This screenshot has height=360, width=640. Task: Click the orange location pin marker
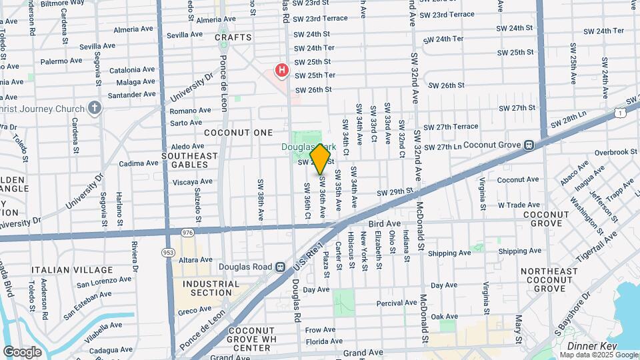[x=321, y=159]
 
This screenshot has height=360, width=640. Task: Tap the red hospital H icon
[x=283, y=69]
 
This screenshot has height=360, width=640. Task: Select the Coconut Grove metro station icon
[x=528, y=144]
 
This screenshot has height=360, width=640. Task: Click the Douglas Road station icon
[x=280, y=267]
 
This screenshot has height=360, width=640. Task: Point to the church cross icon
[x=95, y=108]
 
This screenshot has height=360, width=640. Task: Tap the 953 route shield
[x=167, y=252]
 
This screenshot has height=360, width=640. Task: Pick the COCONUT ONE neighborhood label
[x=239, y=133]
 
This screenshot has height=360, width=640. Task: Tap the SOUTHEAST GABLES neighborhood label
[x=189, y=160]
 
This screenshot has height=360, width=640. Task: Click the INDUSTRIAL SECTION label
[x=211, y=288]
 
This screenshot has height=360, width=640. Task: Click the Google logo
[x=22, y=351]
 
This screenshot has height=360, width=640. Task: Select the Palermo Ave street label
[x=61, y=61]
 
